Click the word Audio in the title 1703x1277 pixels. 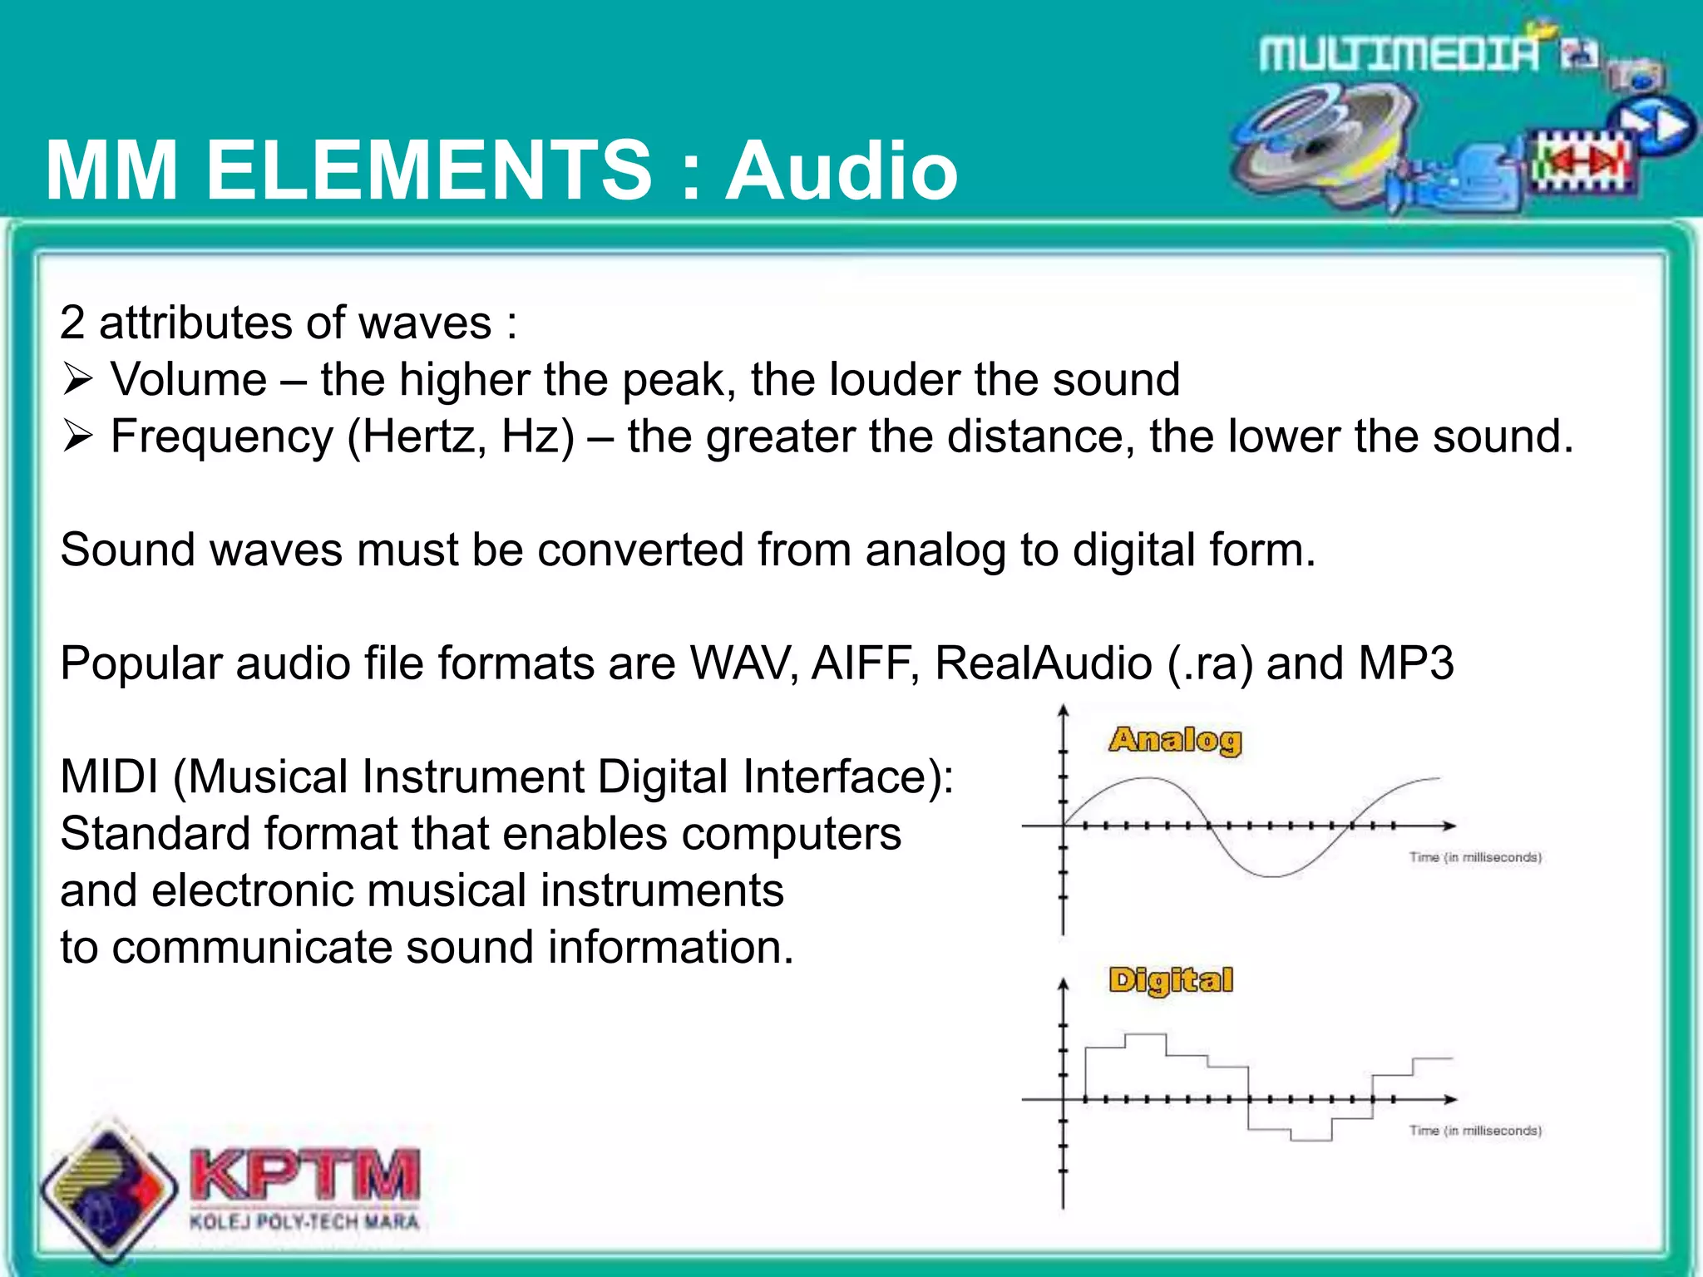(x=842, y=171)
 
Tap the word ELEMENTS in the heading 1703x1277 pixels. (x=429, y=171)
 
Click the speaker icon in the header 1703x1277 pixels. (x=1322, y=141)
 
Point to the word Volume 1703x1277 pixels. (x=189, y=380)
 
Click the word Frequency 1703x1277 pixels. (x=222, y=436)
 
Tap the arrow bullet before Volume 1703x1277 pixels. (x=77, y=380)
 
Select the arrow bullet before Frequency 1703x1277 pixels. (x=77, y=436)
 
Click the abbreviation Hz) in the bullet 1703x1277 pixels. (x=538, y=436)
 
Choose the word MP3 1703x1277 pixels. (x=1406, y=663)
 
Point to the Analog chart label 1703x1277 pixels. (x=1175, y=739)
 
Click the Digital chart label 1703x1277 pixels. (x=1171, y=980)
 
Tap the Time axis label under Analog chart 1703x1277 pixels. (x=1475, y=857)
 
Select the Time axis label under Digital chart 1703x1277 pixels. (x=1475, y=1131)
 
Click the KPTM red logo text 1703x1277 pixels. (x=305, y=1174)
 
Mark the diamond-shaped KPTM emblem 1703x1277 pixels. (x=109, y=1189)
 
